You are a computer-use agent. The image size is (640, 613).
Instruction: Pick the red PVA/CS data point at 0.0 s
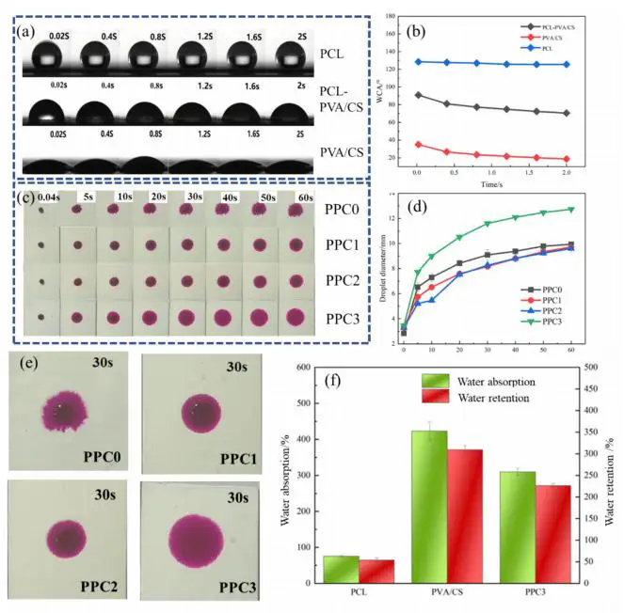(x=418, y=144)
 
